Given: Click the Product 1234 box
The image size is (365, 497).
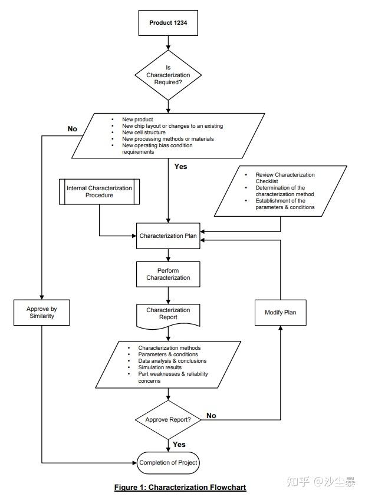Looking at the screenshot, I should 169,23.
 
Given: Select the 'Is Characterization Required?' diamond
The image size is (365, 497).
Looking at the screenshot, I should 168,75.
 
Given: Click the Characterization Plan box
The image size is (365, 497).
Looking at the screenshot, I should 168,236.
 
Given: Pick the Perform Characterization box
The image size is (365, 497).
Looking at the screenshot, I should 168,273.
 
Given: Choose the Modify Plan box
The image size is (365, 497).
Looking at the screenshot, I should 280,313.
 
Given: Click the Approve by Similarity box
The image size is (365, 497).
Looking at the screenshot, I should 41,313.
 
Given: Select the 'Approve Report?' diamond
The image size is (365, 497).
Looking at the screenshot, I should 168,419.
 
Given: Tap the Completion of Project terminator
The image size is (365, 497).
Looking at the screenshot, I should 168,463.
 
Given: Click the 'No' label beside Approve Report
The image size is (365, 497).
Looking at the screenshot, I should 211,416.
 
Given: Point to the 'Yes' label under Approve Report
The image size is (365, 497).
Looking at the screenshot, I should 179,445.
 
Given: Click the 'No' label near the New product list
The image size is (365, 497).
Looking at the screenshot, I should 73,129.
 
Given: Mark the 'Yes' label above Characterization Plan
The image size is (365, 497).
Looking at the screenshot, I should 180,167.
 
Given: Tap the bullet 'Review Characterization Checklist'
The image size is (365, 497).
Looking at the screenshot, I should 285,178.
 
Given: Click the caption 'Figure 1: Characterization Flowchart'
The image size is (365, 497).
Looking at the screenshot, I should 180,487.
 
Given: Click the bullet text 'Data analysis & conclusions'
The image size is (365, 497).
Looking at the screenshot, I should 172,361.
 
